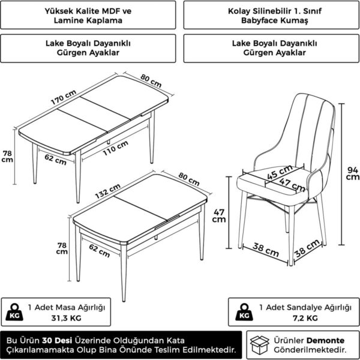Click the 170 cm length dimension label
coord(64,97)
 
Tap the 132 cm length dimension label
coord(107,191)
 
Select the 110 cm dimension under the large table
coord(115,148)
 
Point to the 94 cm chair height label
coord(352,173)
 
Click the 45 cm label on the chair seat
coord(280,172)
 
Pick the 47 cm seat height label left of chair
coord(219,216)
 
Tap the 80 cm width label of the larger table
coord(151,80)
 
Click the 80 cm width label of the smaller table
coord(189,179)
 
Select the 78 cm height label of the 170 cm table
coord(7,157)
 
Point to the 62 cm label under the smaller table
coord(100,250)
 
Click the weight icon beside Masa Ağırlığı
coord(14,312)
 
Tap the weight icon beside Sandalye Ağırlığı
coord(244,312)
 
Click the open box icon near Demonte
coord(260,345)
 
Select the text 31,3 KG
coord(67,318)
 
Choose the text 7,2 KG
coord(305,318)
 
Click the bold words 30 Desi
coord(57,340)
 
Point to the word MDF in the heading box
coord(110,11)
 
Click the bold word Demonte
coord(325,340)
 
